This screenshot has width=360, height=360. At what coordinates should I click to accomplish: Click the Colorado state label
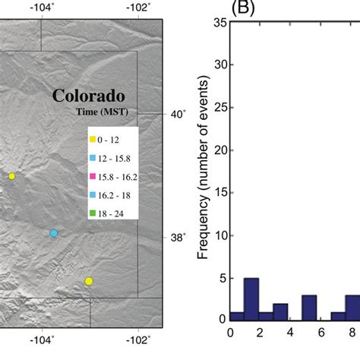coord(88,97)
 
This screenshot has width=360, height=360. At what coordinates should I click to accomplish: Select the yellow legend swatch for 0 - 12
coord(93,140)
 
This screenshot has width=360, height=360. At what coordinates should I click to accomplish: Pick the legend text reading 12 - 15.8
coord(115,158)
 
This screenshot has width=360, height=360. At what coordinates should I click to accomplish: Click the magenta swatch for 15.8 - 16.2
coord(93,176)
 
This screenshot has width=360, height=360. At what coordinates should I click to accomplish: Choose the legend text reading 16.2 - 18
coord(114,194)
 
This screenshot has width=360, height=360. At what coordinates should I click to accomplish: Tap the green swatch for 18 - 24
coord(93,213)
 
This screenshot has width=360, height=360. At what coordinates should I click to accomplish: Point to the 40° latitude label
coord(175,114)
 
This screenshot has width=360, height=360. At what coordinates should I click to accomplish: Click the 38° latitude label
coord(175,237)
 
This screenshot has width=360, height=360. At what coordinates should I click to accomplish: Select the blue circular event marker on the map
coord(54,233)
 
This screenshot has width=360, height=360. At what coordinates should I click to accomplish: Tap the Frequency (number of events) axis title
coord(204,168)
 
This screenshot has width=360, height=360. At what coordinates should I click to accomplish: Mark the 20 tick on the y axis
coord(220,150)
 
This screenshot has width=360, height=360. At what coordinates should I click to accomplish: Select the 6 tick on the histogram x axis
coord(322,332)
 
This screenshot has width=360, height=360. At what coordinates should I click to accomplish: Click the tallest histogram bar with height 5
coord(251,299)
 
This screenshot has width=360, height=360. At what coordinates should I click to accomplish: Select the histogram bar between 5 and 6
coord(309,308)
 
